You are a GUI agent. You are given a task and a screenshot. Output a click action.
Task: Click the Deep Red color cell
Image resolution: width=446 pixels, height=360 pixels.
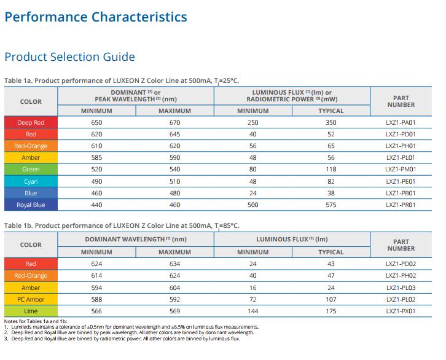pos(31,122)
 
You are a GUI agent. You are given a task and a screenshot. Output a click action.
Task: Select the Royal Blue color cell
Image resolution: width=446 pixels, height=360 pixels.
pos(31,205)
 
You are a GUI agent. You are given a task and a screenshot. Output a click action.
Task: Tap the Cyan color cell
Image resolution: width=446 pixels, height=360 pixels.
pos(31,181)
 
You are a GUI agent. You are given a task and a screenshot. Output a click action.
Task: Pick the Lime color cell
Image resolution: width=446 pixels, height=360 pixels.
pos(31,311)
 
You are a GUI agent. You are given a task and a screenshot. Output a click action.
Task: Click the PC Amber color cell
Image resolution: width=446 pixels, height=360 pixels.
pos(31,299)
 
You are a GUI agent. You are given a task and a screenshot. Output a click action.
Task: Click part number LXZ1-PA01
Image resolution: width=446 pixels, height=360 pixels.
pos(401,122)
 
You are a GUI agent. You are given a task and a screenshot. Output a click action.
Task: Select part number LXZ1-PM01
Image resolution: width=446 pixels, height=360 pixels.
pos(401,169)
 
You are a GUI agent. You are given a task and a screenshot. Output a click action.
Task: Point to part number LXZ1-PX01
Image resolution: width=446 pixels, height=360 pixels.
pos(401,311)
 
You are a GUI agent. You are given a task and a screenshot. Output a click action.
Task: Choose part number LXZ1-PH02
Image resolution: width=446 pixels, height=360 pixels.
pos(401,276)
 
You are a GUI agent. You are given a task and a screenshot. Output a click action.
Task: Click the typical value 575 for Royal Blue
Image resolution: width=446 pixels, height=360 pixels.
pos(331,205)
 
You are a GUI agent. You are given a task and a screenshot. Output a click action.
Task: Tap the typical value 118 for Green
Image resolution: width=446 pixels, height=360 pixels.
pos(331,169)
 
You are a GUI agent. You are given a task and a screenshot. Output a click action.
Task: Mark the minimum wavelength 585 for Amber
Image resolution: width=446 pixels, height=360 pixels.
pos(96,157)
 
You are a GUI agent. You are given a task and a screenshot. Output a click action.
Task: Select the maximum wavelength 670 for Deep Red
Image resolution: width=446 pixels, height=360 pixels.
pos(174,122)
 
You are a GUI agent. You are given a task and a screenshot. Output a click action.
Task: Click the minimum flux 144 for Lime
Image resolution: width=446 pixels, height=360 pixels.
pos(252,311)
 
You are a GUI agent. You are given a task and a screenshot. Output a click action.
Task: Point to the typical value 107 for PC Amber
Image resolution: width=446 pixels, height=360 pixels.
pos(331,299)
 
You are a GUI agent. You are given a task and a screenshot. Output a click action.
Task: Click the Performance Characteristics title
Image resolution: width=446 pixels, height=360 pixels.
pos(96,17)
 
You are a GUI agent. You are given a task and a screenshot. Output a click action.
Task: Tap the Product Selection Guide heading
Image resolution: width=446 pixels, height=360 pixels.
pos(69,57)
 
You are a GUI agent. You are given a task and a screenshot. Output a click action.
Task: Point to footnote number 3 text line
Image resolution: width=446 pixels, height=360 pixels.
pos(122,338)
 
